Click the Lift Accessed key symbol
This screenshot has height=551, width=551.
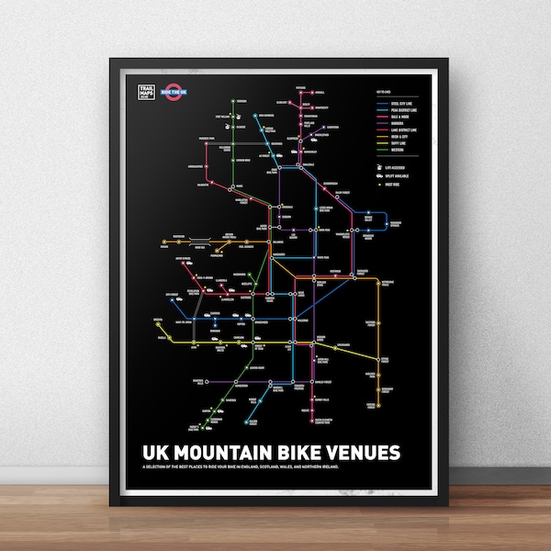coord(377,168)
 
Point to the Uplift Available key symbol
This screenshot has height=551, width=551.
coord(377,176)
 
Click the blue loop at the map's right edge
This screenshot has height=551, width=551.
coord(372,219)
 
